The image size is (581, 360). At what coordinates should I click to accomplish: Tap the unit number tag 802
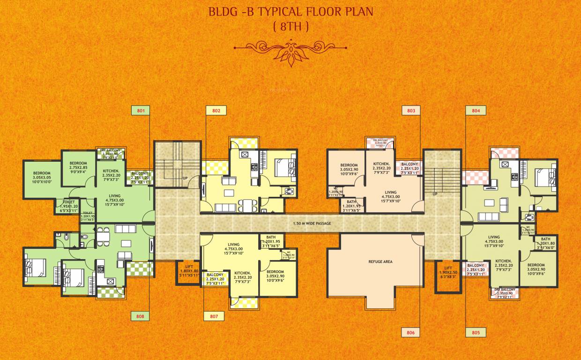(216, 111)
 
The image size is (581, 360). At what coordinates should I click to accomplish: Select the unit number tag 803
(411, 111)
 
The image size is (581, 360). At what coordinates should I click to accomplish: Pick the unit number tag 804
(476, 111)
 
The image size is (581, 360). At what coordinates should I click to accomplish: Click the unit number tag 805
(476, 332)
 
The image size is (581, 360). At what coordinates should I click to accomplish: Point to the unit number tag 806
(411, 332)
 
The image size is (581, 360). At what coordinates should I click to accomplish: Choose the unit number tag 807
(214, 316)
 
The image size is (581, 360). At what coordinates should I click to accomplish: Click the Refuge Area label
(380, 262)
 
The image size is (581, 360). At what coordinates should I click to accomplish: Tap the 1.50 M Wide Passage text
(312, 224)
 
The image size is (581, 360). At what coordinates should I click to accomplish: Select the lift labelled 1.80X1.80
(188, 270)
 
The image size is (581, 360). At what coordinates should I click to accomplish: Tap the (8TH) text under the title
(290, 27)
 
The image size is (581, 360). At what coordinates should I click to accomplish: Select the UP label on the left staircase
(186, 179)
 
